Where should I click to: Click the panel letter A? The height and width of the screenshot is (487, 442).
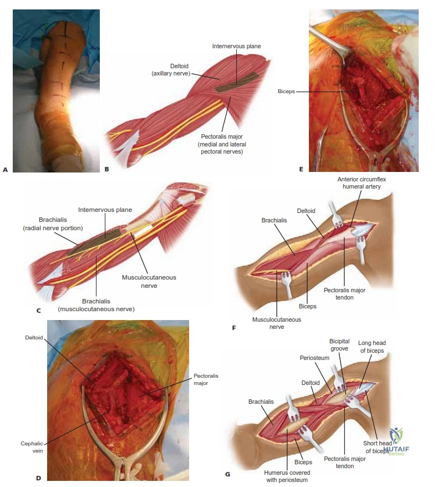[5, 170]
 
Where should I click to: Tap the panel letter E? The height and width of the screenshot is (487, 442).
[301, 169]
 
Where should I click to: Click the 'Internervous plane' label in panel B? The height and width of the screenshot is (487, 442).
[236, 46]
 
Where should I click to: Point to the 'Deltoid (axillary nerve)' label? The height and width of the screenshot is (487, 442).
[171, 70]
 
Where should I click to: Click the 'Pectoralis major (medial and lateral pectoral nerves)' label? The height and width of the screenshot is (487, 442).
[222, 144]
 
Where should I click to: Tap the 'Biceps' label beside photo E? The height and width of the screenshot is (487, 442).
[286, 92]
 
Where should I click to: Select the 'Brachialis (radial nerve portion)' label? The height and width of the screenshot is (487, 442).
[53, 224]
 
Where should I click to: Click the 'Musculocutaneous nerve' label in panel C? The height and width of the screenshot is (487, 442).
[149, 281]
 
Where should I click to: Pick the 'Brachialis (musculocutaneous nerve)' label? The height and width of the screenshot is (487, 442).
[96, 305]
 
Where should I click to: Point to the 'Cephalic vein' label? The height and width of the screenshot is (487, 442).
[32, 447]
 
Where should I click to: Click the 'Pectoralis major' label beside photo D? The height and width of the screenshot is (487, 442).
[206, 379]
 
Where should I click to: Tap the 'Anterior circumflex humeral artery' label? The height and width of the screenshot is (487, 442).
[362, 183]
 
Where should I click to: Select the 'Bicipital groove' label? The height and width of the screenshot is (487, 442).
[339, 345]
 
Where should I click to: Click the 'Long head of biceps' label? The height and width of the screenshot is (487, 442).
[372, 347]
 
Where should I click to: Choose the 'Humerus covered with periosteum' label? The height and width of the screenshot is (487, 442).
[287, 476]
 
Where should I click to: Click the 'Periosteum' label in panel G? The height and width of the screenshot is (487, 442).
[314, 358]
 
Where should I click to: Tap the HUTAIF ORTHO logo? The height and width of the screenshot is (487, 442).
[397, 441]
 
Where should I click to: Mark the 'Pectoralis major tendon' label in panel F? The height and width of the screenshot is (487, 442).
[344, 294]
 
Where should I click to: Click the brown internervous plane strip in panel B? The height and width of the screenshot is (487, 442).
[237, 82]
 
